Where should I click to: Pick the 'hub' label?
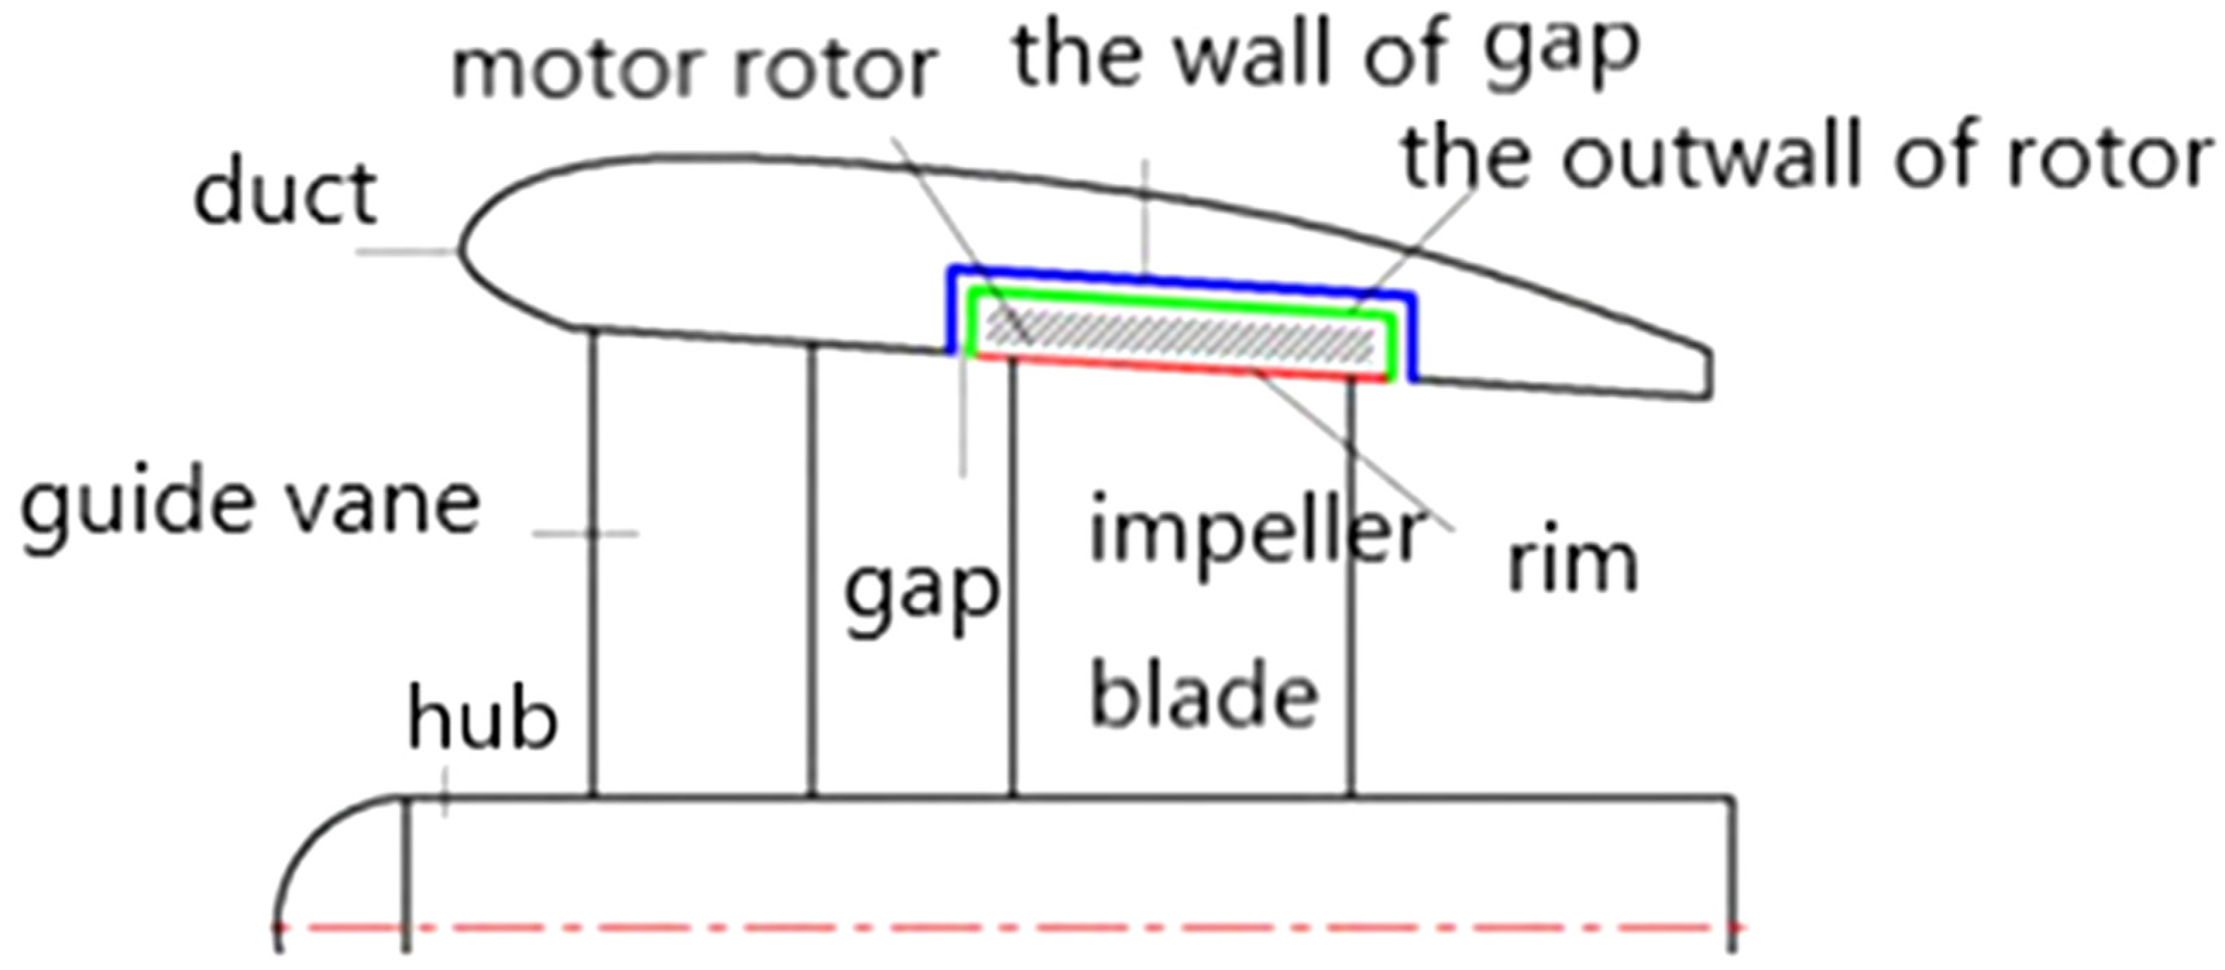tap(482, 717)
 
